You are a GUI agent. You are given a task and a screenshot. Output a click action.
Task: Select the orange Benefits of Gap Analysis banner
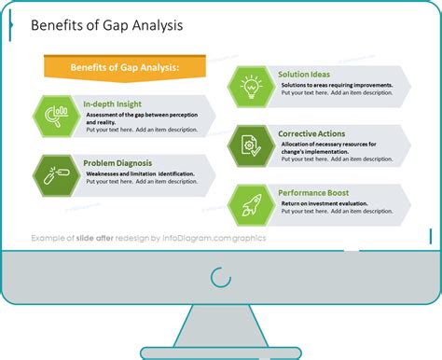pyautogui.click(x=126, y=67)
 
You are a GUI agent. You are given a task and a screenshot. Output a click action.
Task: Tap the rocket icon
pyautogui.click(x=251, y=203)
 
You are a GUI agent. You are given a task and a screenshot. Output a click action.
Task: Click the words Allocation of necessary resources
pyautogui.click(x=326, y=145)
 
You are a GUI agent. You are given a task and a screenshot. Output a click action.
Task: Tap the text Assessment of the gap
pyautogui.click(x=121, y=115)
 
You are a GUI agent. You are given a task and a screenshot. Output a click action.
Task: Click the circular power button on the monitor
pyautogui.click(x=221, y=277)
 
